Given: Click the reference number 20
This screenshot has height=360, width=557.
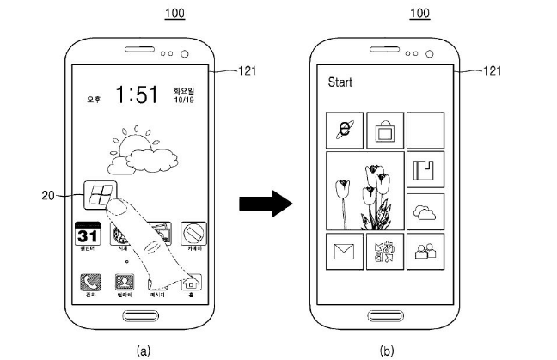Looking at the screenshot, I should point(48,196).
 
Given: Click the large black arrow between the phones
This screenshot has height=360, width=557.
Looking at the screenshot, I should point(261,204).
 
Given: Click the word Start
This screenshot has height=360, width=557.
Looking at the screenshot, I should point(341,83).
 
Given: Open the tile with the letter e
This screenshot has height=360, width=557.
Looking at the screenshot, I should point(344,131).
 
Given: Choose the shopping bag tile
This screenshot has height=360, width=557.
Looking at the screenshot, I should point(384,131).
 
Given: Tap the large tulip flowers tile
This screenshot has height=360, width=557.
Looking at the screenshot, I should point(362,192).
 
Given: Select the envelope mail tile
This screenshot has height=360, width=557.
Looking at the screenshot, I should point(344,252).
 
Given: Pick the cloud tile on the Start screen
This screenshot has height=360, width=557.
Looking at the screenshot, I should point(425,211).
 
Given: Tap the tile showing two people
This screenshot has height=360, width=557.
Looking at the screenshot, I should point(425,252).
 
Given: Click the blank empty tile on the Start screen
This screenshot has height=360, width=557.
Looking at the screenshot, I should point(425,131).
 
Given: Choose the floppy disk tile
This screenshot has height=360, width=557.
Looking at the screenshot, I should point(425,171).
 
